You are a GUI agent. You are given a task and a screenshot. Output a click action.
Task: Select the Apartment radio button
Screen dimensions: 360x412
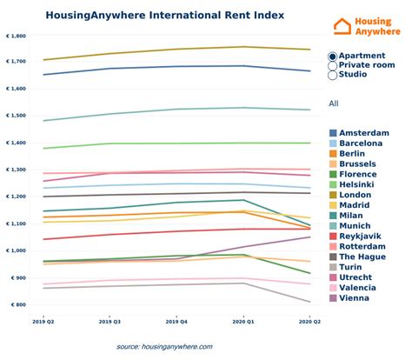point(333,57)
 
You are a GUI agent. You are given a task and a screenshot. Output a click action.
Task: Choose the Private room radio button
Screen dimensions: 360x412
point(333,65)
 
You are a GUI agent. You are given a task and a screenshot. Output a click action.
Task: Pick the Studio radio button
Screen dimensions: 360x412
point(333,75)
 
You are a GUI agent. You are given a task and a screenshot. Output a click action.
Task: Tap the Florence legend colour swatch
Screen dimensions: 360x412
point(335,174)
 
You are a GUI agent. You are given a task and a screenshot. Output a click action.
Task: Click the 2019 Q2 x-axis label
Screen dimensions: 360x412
point(43,322)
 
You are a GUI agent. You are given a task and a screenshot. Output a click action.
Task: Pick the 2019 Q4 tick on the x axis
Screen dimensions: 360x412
point(178,322)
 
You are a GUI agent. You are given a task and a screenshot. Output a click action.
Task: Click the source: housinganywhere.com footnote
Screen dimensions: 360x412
point(165,346)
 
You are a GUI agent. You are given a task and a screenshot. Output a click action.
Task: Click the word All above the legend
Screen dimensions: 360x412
point(334,103)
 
